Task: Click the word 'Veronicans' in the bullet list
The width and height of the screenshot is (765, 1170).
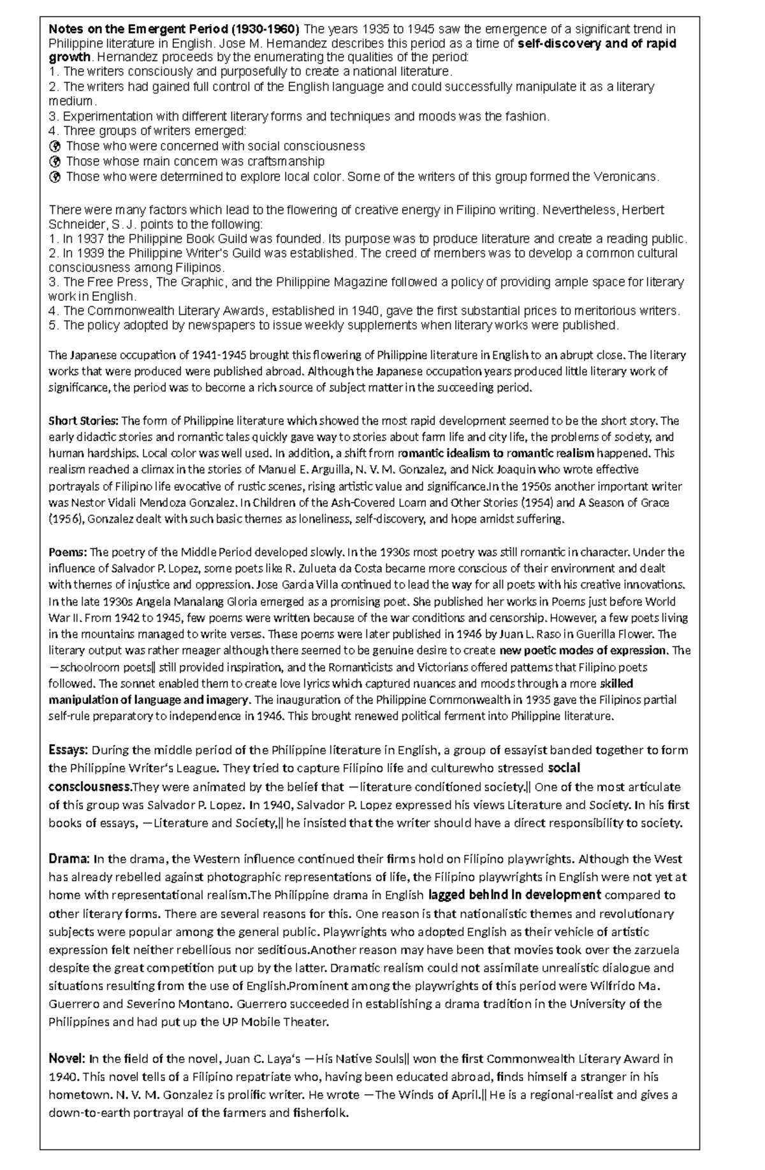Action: point(626,177)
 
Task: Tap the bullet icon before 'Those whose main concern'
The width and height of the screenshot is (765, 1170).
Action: point(55,161)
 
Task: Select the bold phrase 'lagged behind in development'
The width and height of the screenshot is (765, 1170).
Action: point(514,895)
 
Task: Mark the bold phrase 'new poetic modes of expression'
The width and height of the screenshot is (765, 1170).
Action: point(583,651)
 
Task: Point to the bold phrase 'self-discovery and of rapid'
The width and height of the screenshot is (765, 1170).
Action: point(597,43)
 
